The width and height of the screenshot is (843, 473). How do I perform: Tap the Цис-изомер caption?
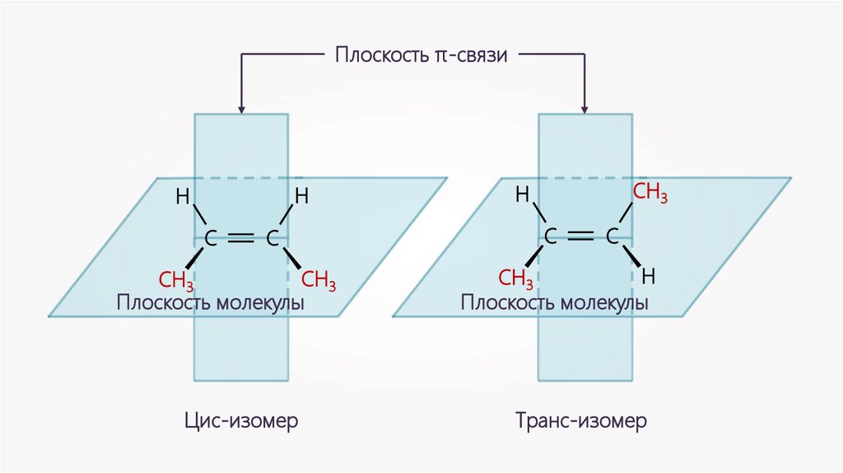tap(240, 421)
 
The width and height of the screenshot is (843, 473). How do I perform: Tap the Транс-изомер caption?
tap(582, 421)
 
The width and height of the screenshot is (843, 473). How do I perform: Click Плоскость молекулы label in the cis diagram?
tap(211, 302)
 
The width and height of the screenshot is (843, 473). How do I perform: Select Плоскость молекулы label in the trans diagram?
tap(555, 302)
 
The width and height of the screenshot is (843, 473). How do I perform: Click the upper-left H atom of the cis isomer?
tap(182, 197)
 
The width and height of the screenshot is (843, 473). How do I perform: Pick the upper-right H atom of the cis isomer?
tap(301, 197)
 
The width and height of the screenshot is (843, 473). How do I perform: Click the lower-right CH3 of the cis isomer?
tap(317, 280)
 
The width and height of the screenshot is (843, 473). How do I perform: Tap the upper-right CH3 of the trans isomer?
tap(650, 194)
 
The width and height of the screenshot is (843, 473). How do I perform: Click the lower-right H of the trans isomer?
tap(649, 275)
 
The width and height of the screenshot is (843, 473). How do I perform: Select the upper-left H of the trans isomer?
tap(522, 195)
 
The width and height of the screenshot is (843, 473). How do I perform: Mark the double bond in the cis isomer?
tap(241, 239)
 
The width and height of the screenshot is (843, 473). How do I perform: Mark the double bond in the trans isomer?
tap(580, 236)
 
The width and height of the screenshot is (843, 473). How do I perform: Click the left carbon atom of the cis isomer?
tap(211, 240)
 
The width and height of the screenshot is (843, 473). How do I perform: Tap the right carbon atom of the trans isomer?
tap(612, 237)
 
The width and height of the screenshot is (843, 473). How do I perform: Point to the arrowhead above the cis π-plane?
tap(241, 108)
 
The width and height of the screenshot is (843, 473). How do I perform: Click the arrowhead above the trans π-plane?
tap(585, 108)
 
